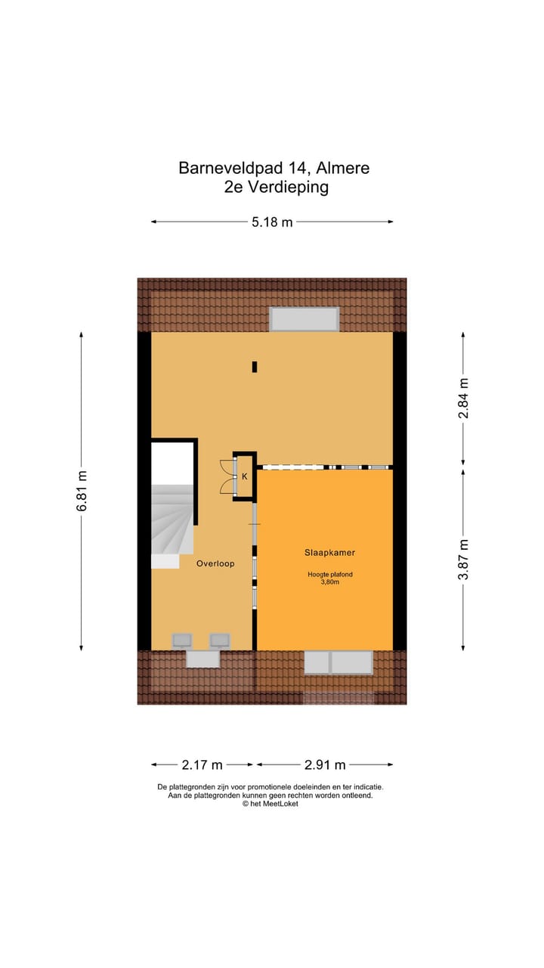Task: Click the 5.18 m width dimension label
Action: click(x=272, y=222)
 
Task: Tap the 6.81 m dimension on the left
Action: click(x=82, y=491)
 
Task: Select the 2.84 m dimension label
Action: click(x=464, y=398)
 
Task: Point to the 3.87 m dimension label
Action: click(x=464, y=559)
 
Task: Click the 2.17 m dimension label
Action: click(x=201, y=765)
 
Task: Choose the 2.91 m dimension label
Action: click(x=324, y=765)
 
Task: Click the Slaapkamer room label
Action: click(x=325, y=553)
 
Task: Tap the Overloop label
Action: click(x=215, y=563)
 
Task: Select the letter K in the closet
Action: click(x=244, y=476)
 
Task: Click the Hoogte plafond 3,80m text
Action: click(x=329, y=578)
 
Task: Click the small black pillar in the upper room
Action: click(x=255, y=367)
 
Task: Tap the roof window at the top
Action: click(x=304, y=319)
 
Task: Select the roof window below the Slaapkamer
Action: click(x=338, y=662)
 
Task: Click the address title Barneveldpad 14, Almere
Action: click(x=274, y=168)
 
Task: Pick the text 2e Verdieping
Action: click(x=276, y=188)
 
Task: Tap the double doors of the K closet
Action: click(x=226, y=476)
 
